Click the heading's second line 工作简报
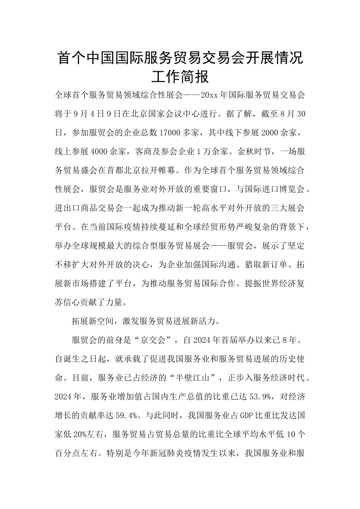pyautogui.click(x=180, y=77)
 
